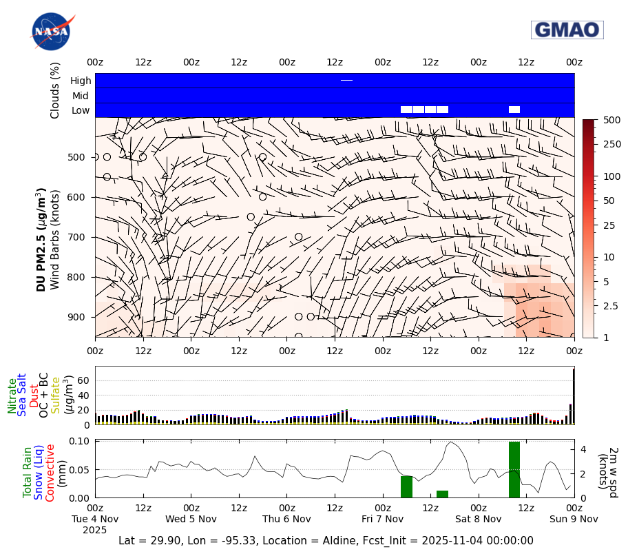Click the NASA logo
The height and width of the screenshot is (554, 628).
tap(52, 31)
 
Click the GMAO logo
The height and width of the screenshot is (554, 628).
tap(567, 30)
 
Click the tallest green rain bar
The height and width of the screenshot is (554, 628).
tap(514, 469)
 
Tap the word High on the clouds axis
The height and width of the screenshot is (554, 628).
tap(81, 81)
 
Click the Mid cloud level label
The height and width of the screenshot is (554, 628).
tap(81, 96)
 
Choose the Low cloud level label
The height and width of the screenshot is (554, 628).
tap(81, 110)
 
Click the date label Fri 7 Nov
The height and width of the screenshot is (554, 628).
tap(383, 518)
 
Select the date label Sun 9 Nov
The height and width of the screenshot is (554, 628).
tap(574, 518)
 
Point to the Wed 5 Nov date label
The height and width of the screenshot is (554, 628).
tap(191, 518)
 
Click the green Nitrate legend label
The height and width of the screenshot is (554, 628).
tap(12, 396)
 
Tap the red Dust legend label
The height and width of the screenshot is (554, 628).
tap(34, 396)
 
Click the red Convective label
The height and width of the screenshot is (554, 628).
tap(50, 468)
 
